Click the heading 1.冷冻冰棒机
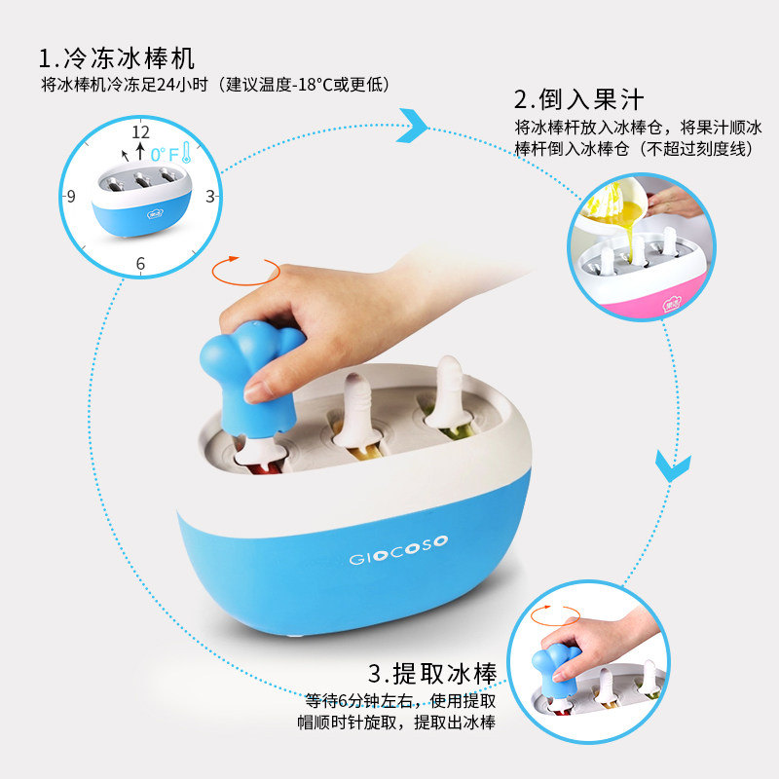click(x=117, y=58)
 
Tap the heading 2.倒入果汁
click(x=578, y=99)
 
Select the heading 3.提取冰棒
click(x=432, y=674)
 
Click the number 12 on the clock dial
click(x=140, y=132)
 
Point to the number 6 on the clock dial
click(x=140, y=263)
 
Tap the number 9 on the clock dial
click(x=71, y=197)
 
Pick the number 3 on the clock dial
click(x=210, y=197)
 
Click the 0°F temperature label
click(x=164, y=155)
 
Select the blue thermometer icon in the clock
click(x=186, y=153)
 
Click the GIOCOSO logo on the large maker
click(x=398, y=550)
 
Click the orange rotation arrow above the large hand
click(x=246, y=271)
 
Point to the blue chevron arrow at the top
click(x=412, y=126)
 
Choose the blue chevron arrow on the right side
click(x=673, y=465)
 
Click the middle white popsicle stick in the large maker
click(x=358, y=411)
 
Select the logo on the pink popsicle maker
click(x=672, y=303)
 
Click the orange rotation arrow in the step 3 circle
click(x=555, y=615)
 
